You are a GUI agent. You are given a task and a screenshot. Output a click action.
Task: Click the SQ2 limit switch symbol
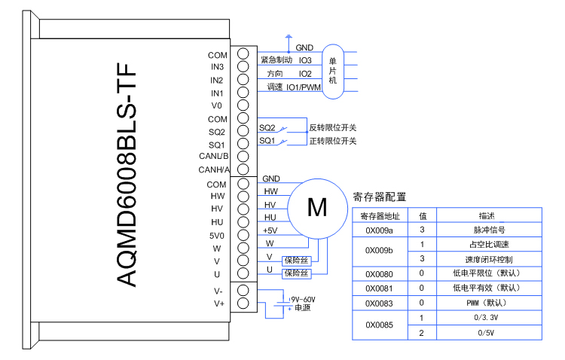[284, 128]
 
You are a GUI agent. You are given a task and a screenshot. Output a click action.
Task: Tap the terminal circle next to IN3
[243, 67]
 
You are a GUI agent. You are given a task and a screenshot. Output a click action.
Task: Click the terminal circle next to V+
[243, 304]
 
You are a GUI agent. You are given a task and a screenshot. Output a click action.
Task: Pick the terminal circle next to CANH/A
[243, 169]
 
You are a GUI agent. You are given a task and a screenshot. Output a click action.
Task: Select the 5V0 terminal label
[216, 235]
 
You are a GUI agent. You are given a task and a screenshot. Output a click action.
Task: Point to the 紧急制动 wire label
[276, 59]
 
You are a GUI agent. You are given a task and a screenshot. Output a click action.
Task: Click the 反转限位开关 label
[332, 127]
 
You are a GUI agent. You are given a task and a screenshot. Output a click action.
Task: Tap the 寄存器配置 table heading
[380, 197]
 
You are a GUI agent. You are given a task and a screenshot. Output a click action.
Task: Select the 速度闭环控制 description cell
[490, 259]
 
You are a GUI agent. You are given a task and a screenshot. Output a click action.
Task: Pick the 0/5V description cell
[490, 332]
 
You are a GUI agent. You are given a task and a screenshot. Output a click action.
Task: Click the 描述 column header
[490, 216]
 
